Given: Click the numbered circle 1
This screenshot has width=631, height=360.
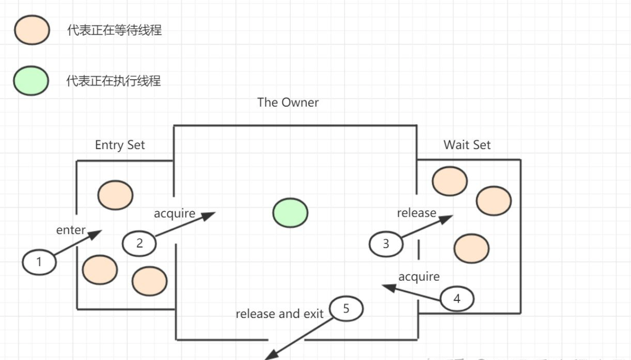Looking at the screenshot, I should click(x=39, y=262).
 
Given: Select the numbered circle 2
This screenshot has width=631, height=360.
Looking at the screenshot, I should click(x=139, y=243).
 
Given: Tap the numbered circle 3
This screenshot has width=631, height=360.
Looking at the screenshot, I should click(x=386, y=243).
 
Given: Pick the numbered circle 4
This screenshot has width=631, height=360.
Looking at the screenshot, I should click(x=457, y=298).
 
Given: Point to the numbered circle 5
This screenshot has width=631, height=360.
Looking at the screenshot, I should click(x=346, y=309).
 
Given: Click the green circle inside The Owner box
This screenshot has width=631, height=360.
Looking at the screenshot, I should click(x=290, y=213).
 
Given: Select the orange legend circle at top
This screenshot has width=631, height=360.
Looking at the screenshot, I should click(x=32, y=30).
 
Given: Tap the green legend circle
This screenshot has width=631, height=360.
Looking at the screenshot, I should click(x=31, y=80).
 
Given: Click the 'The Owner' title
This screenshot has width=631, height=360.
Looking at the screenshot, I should click(x=288, y=102).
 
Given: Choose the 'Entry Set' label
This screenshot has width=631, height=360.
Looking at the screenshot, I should click(x=120, y=145).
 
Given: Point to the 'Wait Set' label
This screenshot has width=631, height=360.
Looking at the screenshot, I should click(x=467, y=145).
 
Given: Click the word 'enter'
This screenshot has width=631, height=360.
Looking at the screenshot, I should click(x=71, y=230).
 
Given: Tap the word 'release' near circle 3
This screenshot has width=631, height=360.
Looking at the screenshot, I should click(x=416, y=213).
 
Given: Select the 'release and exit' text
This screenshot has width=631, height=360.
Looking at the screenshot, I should click(x=279, y=314).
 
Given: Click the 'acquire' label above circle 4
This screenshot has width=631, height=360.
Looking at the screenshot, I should click(x=419, y=276).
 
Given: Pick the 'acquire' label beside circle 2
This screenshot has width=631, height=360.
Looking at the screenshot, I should click(x=175, y=213).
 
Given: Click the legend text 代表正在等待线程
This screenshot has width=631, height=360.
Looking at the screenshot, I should click(x=114, y=30).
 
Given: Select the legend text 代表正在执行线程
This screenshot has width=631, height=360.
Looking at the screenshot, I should click(x=113, y=80).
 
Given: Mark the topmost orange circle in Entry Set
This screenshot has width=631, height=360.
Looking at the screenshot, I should click(x=115, y=195).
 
